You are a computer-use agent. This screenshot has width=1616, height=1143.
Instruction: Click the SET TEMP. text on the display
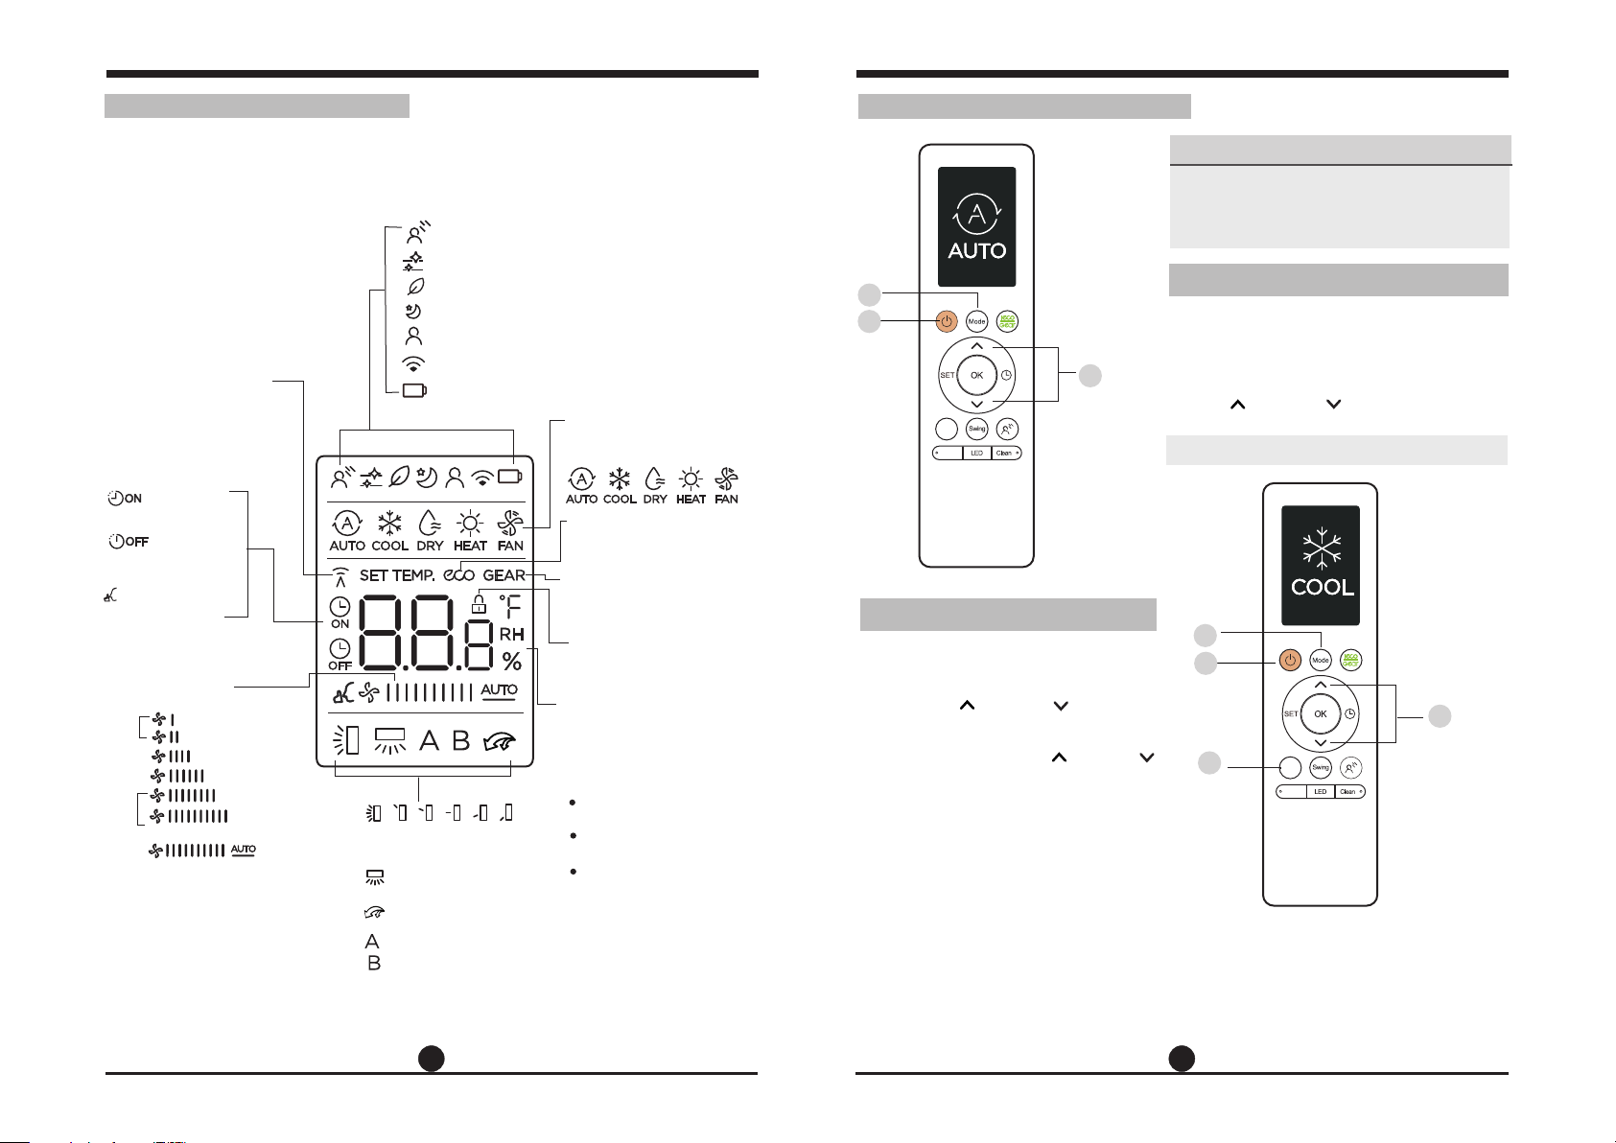[397, 575]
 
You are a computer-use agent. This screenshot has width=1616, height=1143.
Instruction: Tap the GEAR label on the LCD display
[504, 575]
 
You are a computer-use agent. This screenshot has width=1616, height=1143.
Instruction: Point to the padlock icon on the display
[479, 603]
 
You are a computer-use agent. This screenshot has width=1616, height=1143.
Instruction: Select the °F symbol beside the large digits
[510, 605]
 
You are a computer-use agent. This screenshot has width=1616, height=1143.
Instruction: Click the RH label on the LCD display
[511, 634]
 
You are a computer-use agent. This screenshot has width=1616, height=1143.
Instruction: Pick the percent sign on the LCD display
[512, 661]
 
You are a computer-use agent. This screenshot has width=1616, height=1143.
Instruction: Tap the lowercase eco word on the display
[459, 575]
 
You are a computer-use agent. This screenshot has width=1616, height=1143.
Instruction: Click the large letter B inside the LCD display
[461, 740]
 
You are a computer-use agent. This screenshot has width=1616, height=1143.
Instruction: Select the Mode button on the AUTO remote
[976, 321]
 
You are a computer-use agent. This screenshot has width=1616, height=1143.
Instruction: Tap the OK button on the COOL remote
[1321, 713]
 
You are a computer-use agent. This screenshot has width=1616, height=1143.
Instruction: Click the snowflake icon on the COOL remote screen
[1322, 548]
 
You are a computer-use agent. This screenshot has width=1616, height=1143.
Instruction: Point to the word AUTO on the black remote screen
[976, 251]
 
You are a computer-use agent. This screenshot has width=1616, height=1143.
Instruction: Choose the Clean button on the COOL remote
[1348, 792]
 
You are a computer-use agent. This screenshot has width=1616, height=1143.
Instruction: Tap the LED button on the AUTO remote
[976, 453]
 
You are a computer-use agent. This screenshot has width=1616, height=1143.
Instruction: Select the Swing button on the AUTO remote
[976, 429]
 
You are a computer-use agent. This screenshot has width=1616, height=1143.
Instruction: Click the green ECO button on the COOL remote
[1351, 660]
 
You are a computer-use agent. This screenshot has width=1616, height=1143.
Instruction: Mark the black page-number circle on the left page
[432, 1058]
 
